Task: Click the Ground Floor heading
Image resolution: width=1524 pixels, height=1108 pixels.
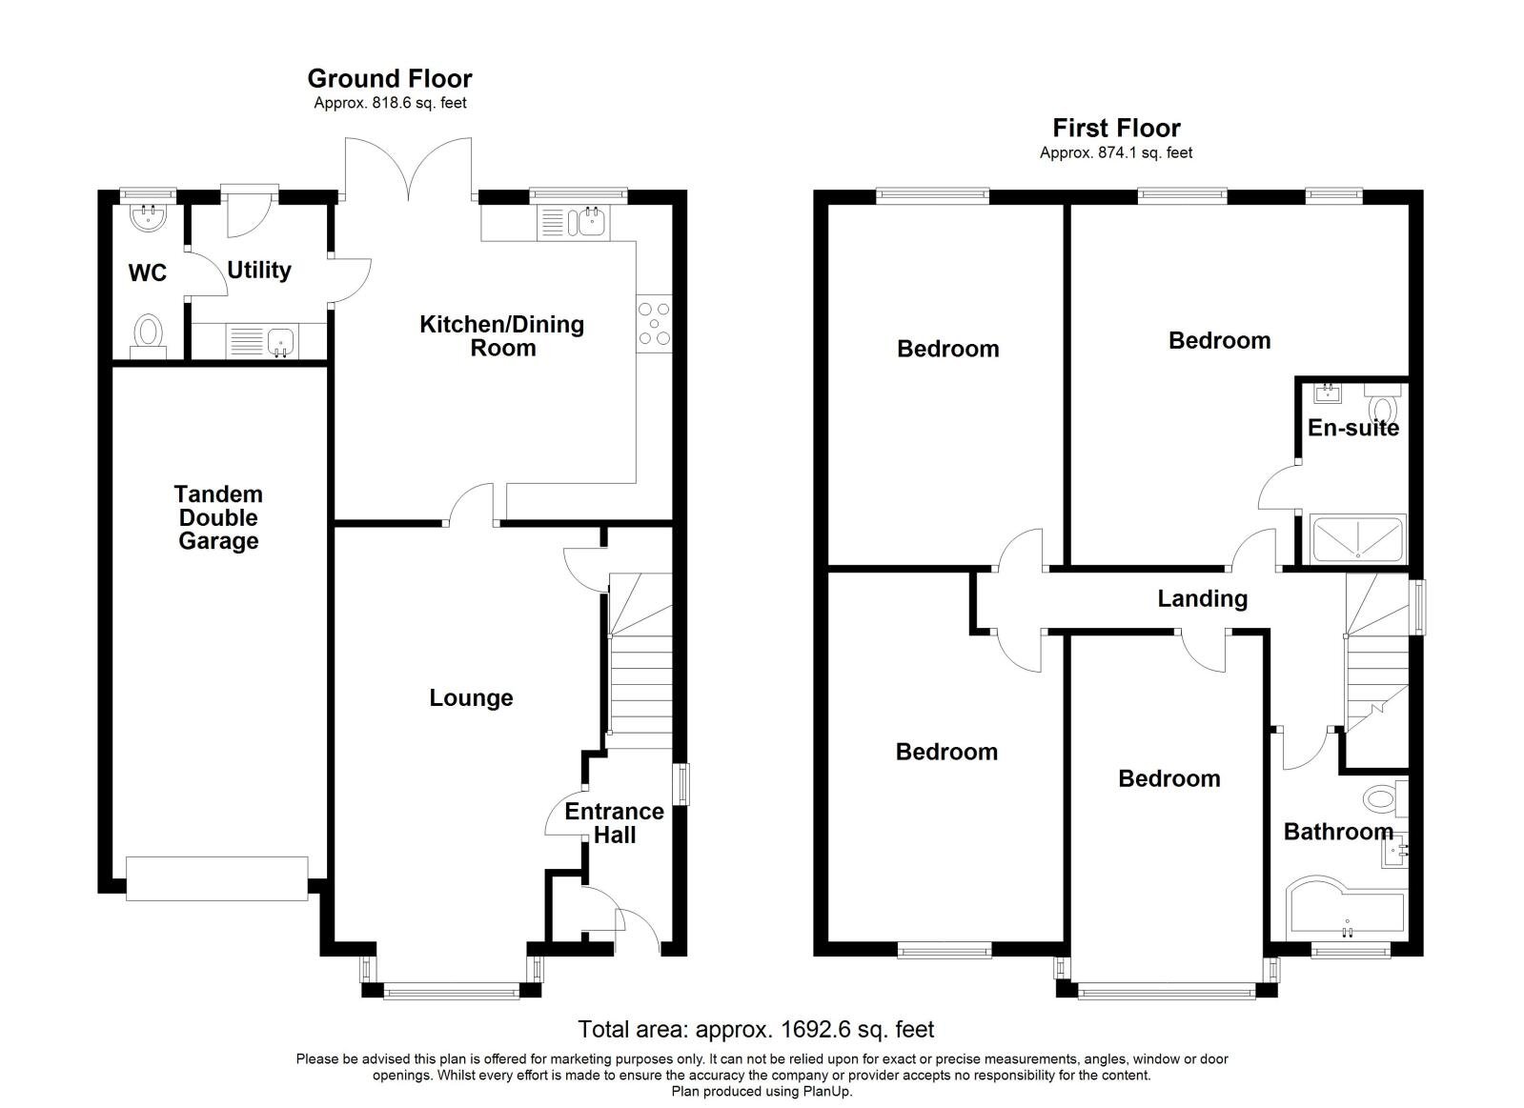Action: coord(389,78)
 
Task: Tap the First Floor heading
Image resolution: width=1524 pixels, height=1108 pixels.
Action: coord(1116,128)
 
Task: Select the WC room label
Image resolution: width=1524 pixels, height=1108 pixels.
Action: coord(147,273)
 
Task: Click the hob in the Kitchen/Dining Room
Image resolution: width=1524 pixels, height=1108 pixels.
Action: coord(654,323)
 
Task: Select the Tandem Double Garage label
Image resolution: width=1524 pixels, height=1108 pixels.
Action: coord(218,517)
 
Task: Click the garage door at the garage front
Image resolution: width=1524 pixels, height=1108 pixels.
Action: coord(217,876)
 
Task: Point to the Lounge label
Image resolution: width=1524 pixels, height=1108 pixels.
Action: coord(471,698)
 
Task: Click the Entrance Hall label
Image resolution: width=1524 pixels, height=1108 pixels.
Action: coord(614,823)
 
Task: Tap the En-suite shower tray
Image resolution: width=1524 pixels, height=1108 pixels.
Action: coord(1358,539)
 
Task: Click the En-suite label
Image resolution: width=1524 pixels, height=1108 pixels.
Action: coord(1352,428)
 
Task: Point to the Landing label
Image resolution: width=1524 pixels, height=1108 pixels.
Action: coord(1202,598)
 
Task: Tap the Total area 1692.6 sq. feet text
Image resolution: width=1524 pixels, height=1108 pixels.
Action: coord(756,1029)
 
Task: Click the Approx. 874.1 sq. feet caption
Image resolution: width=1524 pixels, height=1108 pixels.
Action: coord(1116,152)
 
